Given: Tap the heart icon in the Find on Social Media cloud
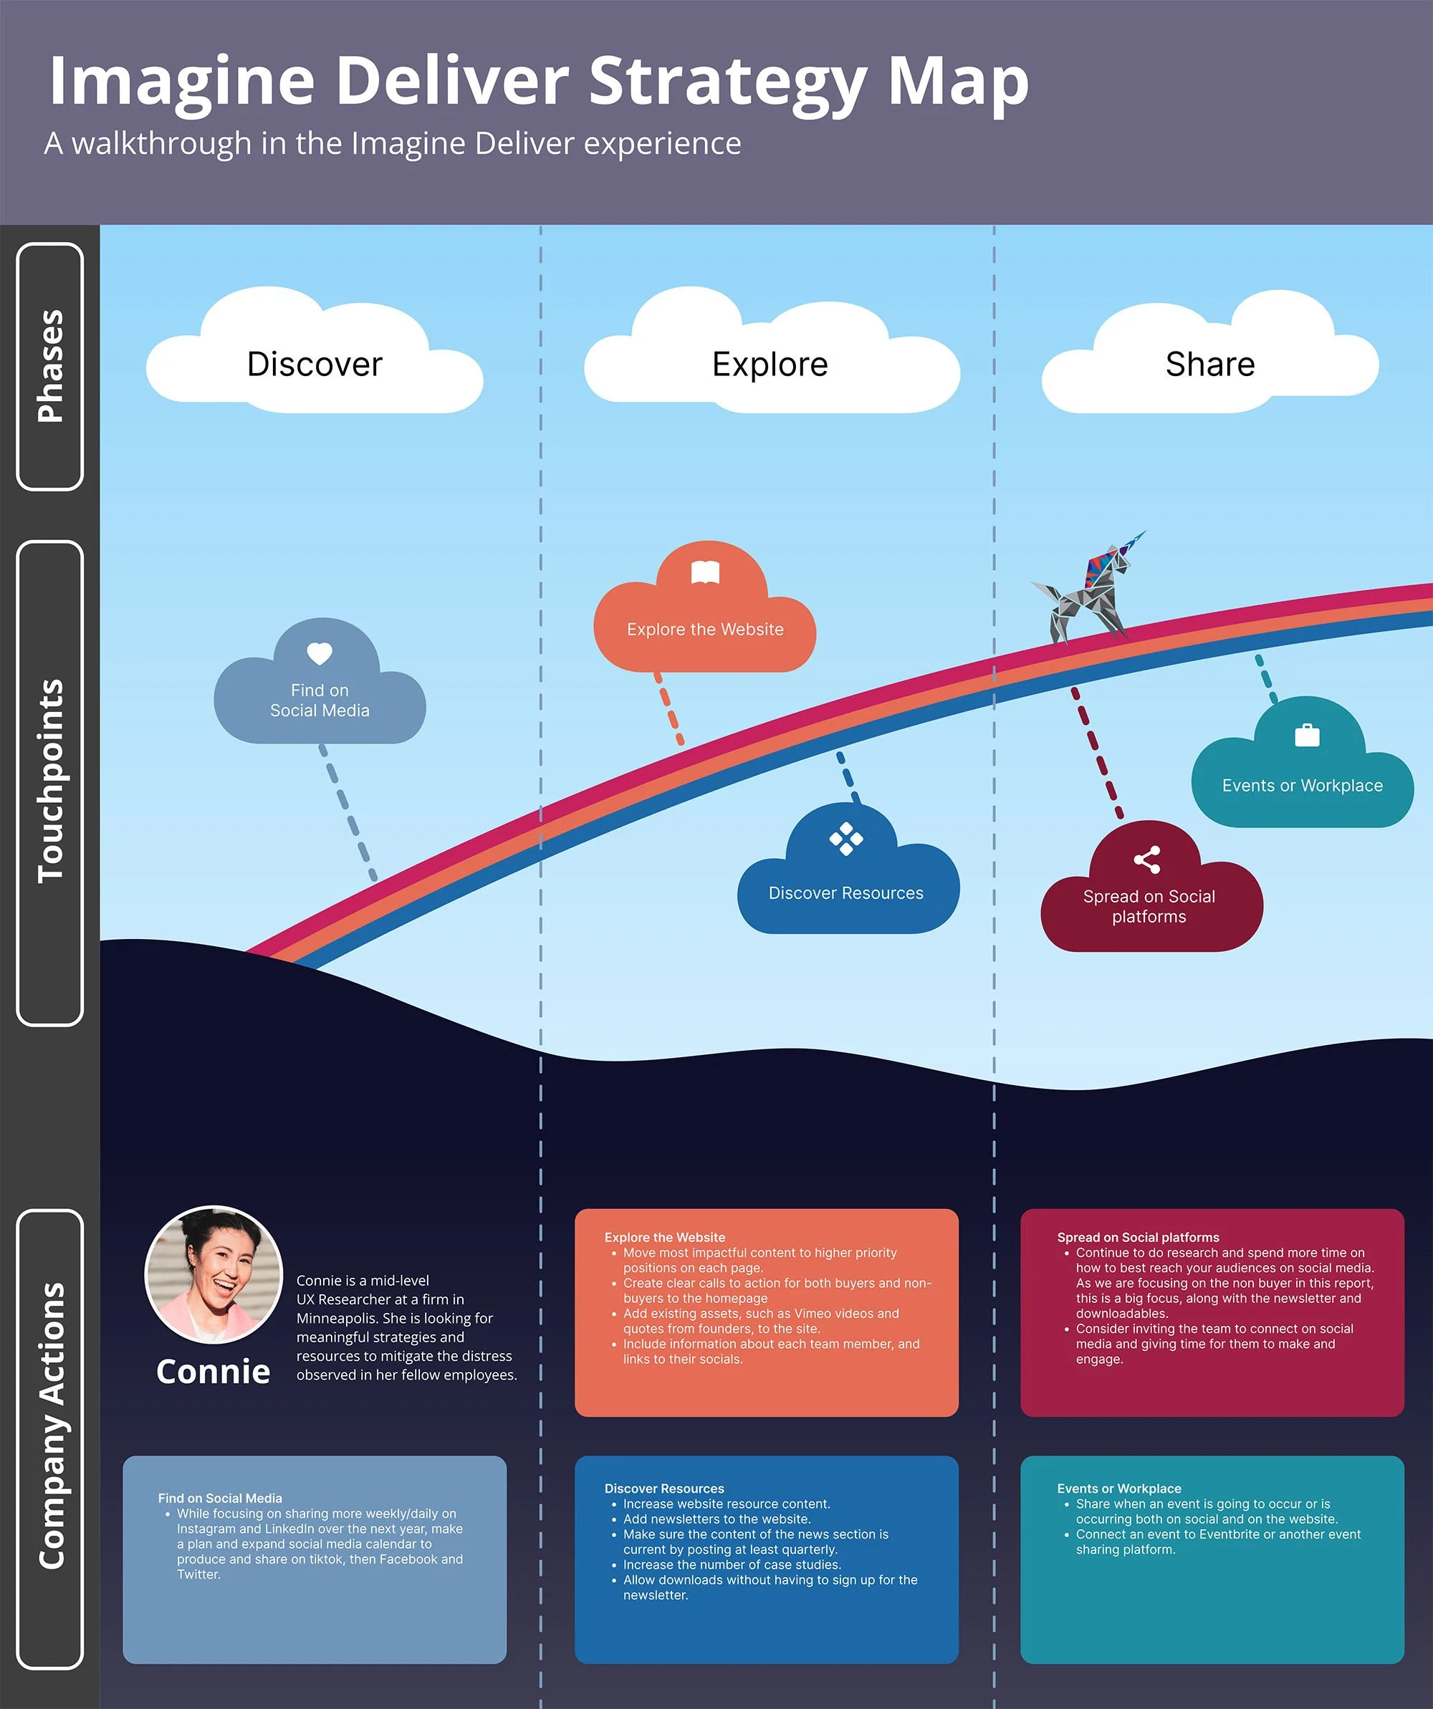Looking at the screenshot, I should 319,653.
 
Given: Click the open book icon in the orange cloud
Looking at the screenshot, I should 705,572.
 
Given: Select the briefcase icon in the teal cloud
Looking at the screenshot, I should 1307,735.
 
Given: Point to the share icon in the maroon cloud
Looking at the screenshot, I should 1147,860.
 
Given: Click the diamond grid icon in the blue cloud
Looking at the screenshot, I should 846,839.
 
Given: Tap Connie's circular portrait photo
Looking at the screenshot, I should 214,1274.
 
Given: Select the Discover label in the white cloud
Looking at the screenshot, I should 315,364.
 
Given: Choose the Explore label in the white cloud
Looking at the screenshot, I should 770,364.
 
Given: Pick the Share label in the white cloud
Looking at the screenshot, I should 1210,364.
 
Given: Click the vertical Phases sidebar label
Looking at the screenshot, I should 50,366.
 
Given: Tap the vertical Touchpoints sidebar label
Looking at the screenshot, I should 50,781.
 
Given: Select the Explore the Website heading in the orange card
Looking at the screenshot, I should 664,1237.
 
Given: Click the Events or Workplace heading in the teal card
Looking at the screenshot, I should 1118,1488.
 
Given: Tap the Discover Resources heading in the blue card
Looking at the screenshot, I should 663,1488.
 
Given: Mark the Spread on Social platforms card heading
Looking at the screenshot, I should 1138,1237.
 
